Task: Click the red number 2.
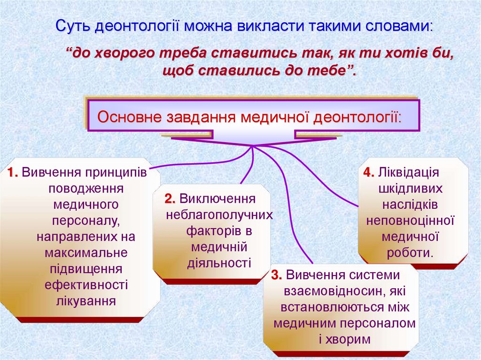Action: [170, 199]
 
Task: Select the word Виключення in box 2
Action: [217, 199]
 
